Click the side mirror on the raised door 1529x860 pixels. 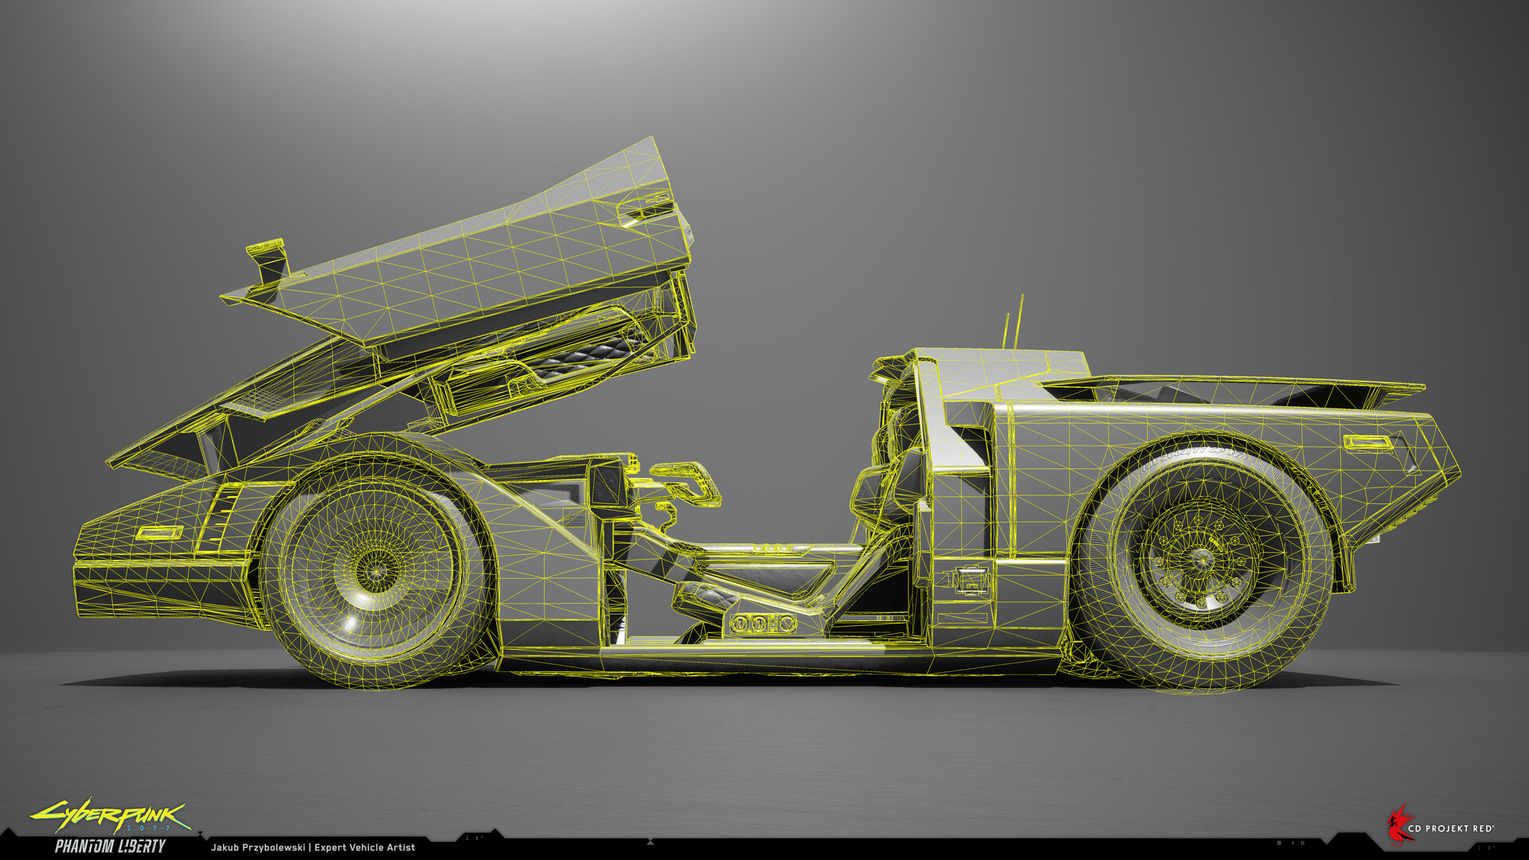(x=267, y=261)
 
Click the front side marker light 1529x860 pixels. (x=159, y=533)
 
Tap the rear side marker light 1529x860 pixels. (x=1368, y=441)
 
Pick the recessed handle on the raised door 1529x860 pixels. (x=645, y=209)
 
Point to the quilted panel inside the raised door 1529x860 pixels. (x=585, y=358)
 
